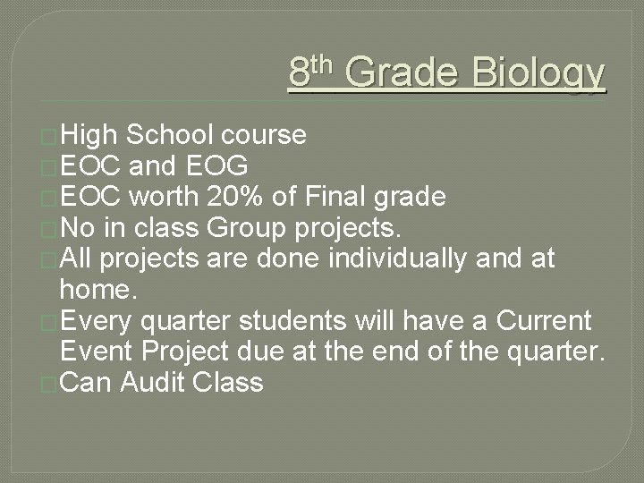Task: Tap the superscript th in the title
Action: point(322,64)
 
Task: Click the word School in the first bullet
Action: point(170,135)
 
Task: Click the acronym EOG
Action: point(219,166)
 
